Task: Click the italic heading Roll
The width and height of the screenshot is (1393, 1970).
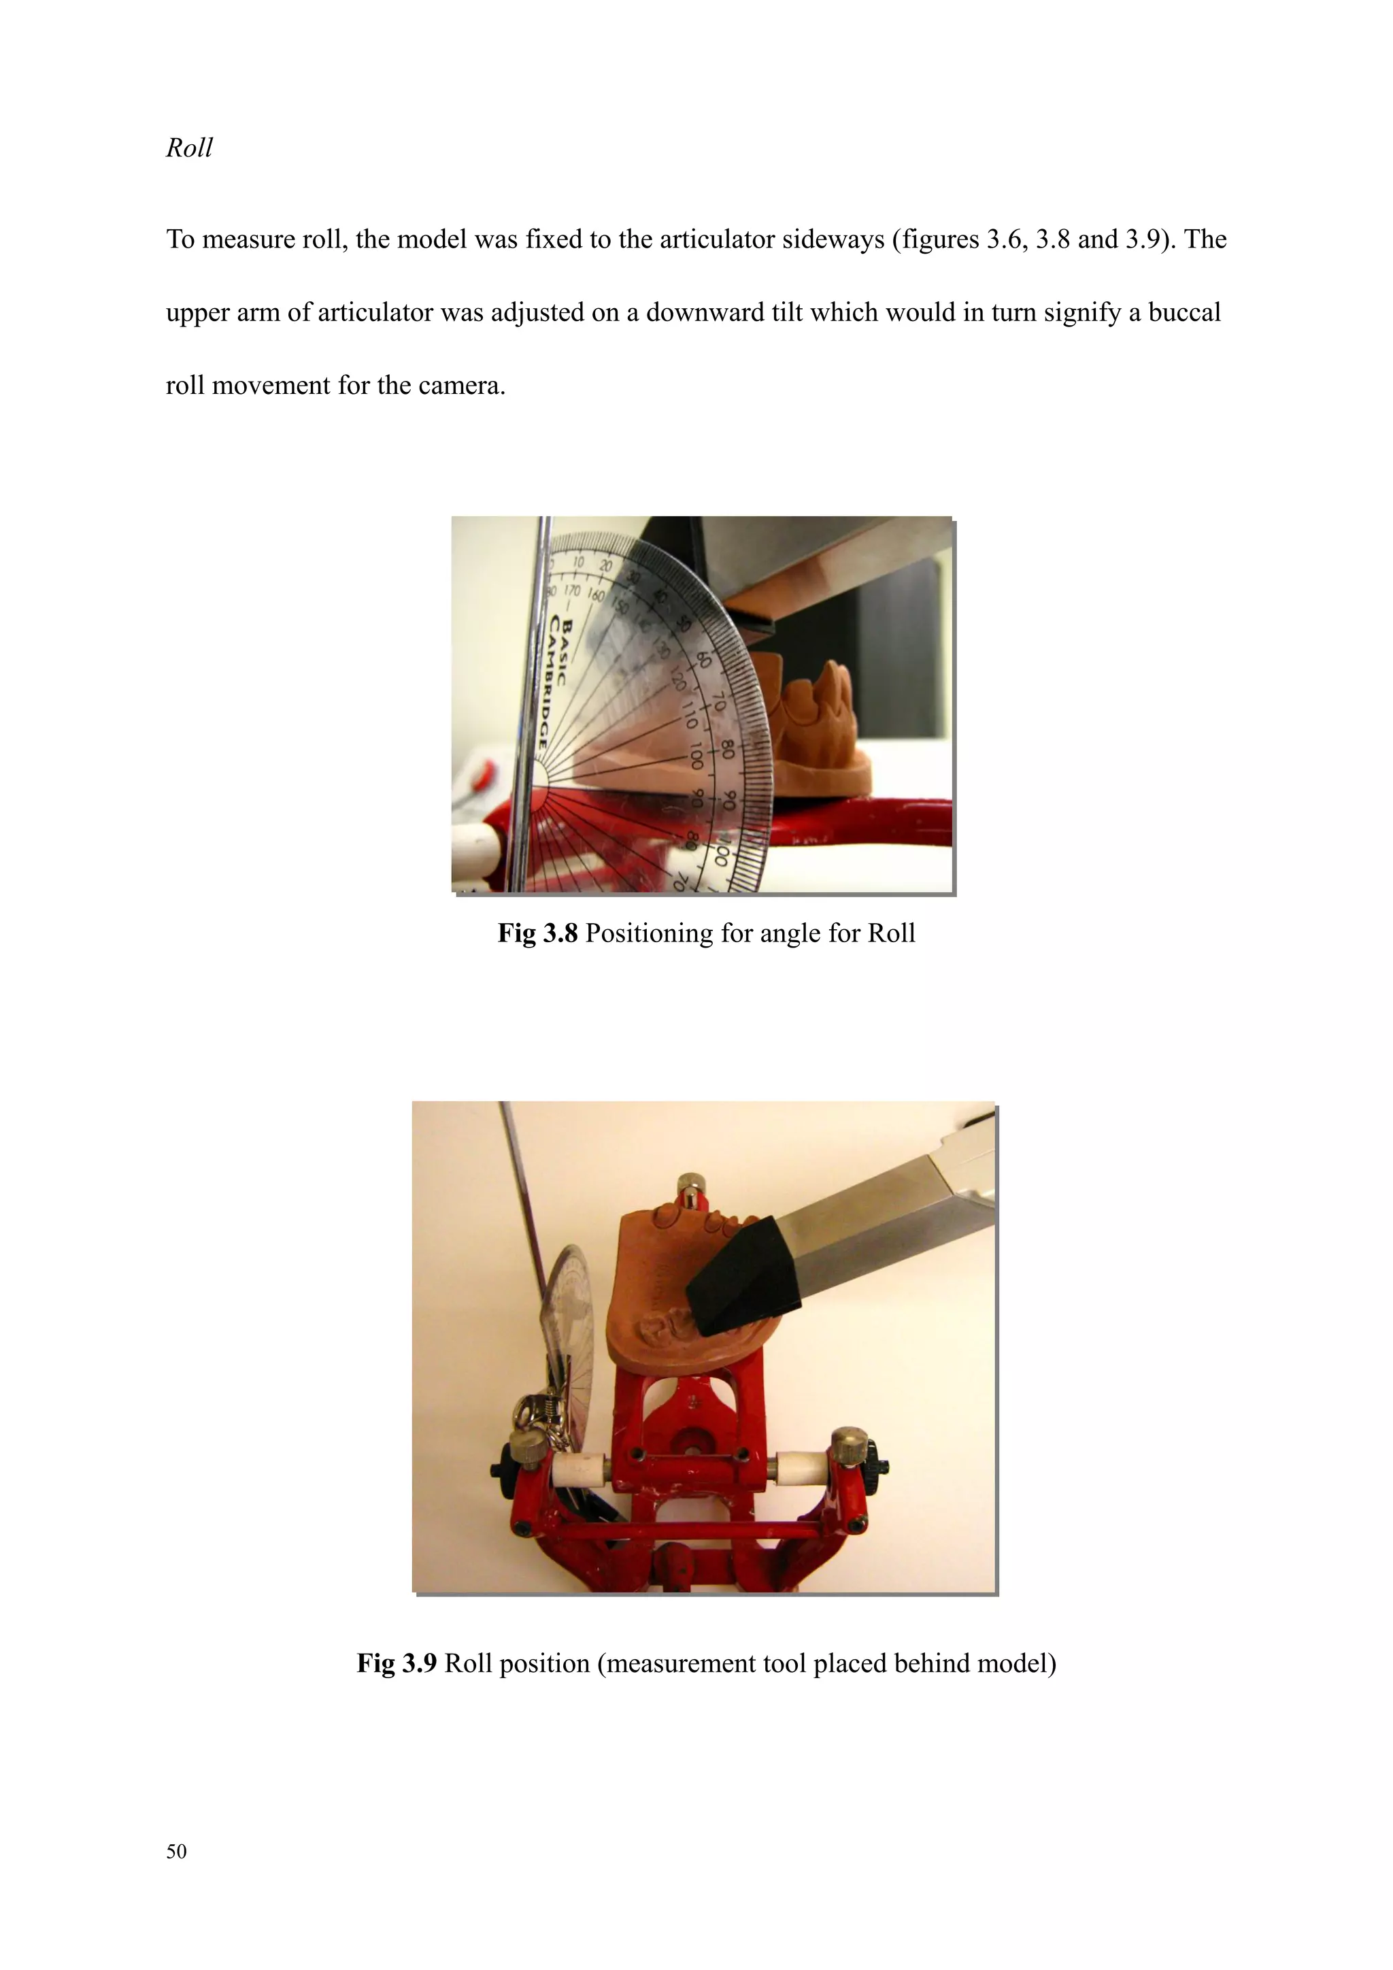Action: pos(188,148)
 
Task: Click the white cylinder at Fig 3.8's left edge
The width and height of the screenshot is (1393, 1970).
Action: pos(472,850)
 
